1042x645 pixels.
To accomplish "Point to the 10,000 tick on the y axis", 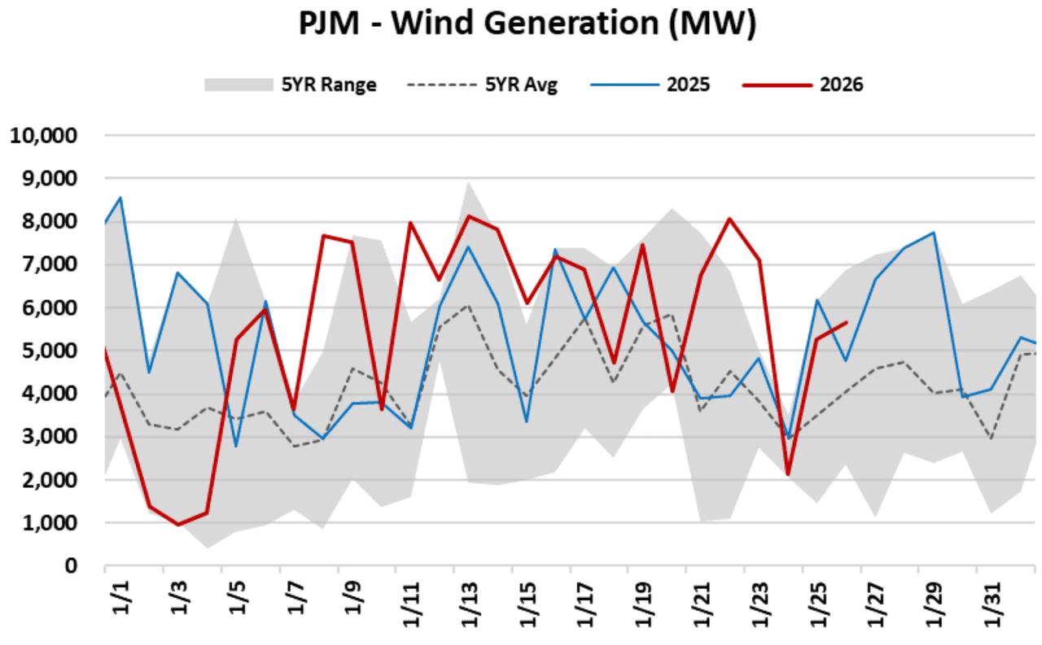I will [43, 135].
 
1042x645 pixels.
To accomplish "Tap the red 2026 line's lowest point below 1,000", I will [178, 525].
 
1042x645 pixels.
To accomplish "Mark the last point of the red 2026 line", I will [847, 322].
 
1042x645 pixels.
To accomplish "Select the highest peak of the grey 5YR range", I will [468, 182].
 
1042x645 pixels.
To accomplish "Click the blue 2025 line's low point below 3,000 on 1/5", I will [236, 446].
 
